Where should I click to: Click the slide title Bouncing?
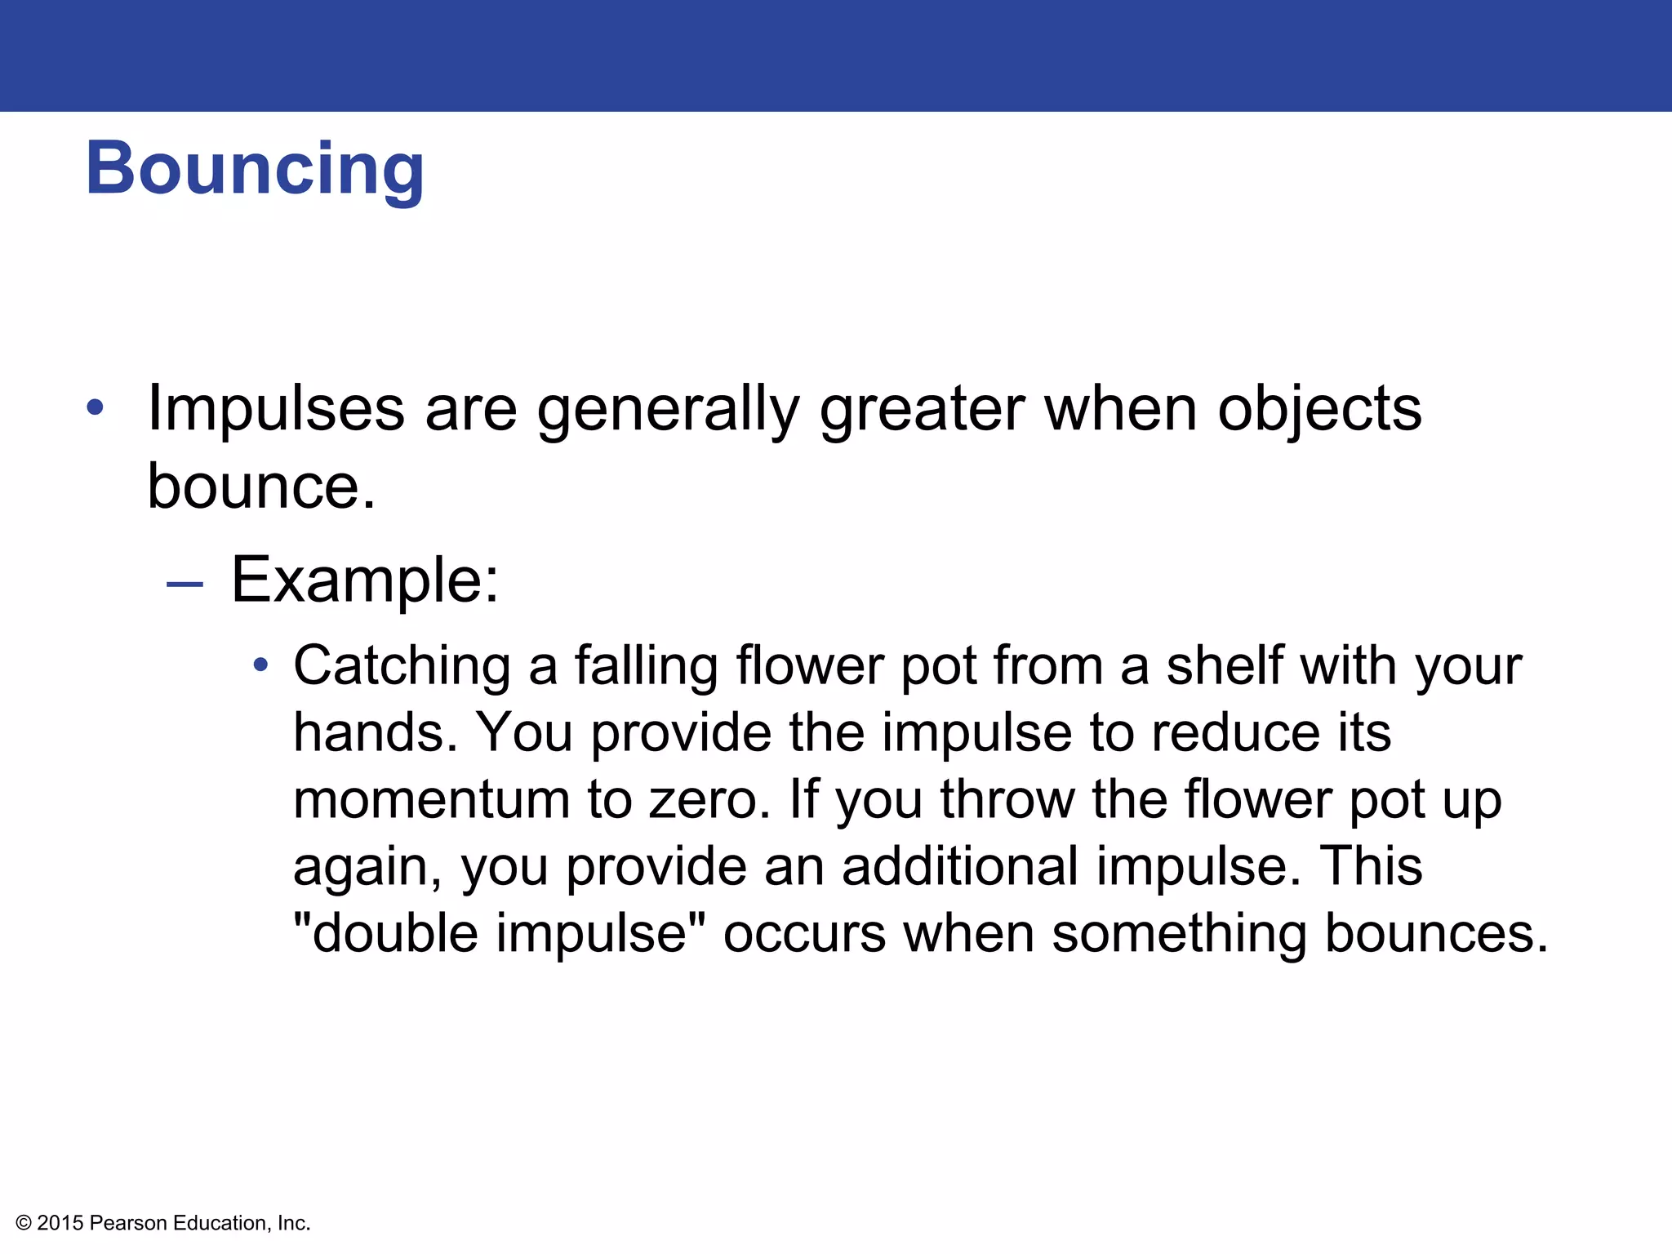pyautogui.click(x=255, y=169)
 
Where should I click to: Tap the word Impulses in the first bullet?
pyautogui.click(x=276, y=408)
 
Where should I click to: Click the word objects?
pyautogui.click(x=1319, y=408)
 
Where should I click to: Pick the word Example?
pyautogui.click(x=365, y=580)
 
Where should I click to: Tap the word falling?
pyautogui.click(x=647, y=666)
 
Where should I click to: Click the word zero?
pyautogui.click(x=709, y=799)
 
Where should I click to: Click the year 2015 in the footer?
pyautogui.click(x=60, y=1223)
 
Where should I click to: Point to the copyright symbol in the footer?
pyautogui.click(x=24, y=1223)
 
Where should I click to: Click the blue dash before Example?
pyautogui.click(x=184, y=584)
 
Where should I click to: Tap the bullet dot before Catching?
pyautogui.click(x=260, y=665)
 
